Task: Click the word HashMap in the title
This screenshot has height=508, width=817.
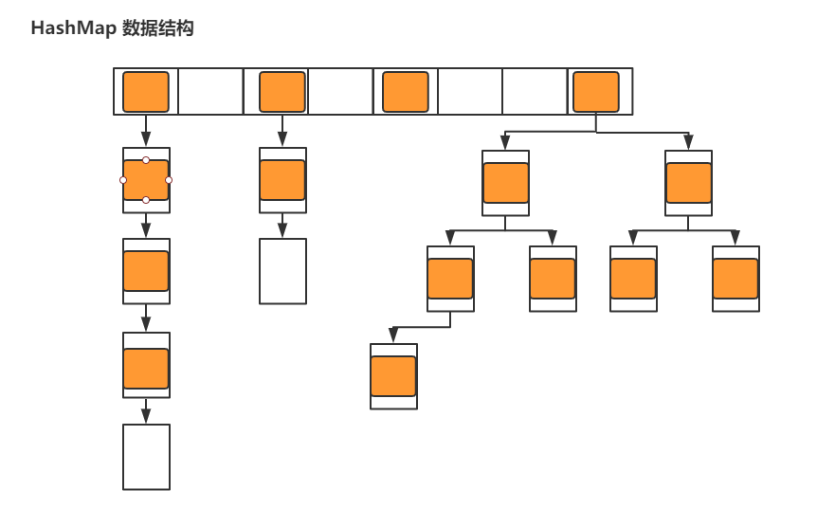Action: [x=75, y=29]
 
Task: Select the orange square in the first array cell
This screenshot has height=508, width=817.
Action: [x=146, y=92]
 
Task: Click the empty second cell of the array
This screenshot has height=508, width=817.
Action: [x=210, y=92]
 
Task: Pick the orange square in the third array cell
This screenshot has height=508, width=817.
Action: [x=282, y=92]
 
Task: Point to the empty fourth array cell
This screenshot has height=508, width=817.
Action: [x=340, y=92]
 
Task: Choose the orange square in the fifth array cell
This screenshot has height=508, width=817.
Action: [x=406, y=92]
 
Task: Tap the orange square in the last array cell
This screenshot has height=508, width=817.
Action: [x=596, y=92]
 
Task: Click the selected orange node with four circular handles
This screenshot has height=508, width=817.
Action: [x=146, y=180]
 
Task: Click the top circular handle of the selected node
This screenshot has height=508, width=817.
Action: [x=146, y=160]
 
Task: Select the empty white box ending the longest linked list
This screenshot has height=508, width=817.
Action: [x=146, y=457]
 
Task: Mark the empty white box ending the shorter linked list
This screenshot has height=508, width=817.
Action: [x=282, y=271]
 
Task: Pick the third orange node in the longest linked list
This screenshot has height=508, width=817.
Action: [x=146, y=369]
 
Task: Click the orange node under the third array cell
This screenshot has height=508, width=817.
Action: [x=282, y=180]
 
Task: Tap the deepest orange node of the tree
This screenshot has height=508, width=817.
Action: [x=393, y=376]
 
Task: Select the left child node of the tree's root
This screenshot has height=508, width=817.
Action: [x=505, y=183]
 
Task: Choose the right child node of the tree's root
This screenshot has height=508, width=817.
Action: [x=689, y=183]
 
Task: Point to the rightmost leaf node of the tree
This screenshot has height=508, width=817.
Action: [x=735, y=279]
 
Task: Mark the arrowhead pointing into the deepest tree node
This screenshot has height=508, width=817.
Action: [x=393, y=337]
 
